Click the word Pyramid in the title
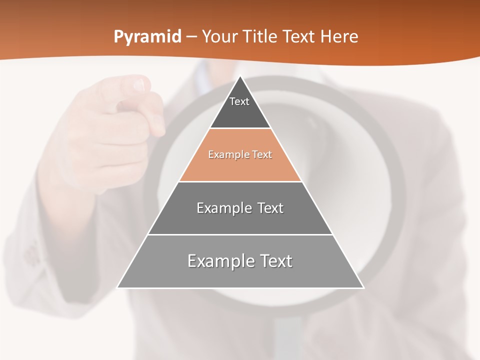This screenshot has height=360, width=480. (147, 37)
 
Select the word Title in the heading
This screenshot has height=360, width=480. (261, 36)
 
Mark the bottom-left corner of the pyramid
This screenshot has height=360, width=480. (118, 287)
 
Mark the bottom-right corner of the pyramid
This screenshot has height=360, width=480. (363, 287)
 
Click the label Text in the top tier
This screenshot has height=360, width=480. (239, 101)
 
